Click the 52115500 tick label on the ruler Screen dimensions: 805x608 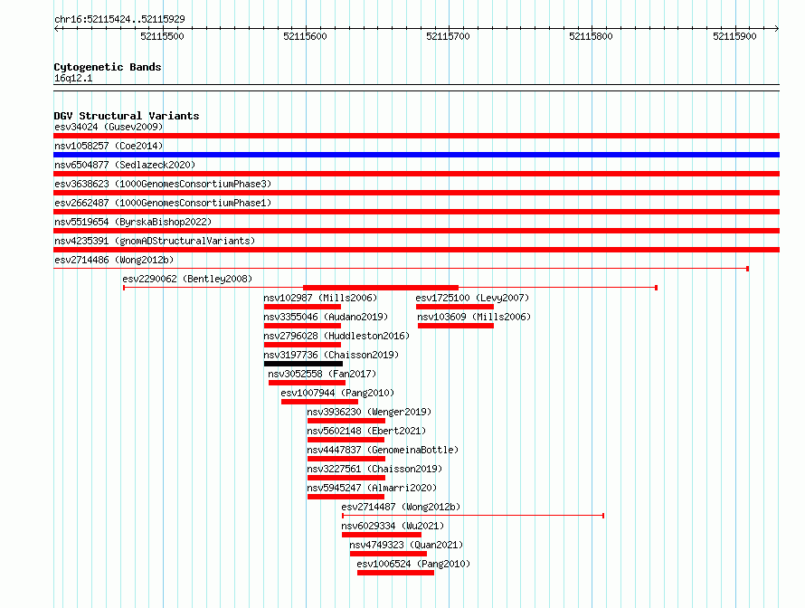162,36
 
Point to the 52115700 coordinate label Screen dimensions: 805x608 449,36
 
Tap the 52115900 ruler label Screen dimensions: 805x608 734,36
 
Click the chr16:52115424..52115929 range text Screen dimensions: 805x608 119,20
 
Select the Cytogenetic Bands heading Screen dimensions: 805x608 108,67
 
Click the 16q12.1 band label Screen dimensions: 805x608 73,78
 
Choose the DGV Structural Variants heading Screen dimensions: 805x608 127,116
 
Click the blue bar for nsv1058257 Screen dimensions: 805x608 416,155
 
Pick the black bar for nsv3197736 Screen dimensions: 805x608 303,364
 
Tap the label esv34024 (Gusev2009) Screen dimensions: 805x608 109,127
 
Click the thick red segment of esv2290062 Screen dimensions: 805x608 381,288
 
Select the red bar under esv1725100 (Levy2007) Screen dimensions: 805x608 455,307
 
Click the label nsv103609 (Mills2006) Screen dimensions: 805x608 474,317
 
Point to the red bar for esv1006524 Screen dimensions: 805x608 396,573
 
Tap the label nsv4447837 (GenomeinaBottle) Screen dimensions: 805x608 383,450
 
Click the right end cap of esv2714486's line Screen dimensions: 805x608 747,269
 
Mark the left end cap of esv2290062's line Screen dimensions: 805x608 124,288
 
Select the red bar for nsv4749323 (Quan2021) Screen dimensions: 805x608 388,554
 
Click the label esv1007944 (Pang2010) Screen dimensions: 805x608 337,393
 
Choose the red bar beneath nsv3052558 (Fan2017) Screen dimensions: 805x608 307,383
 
